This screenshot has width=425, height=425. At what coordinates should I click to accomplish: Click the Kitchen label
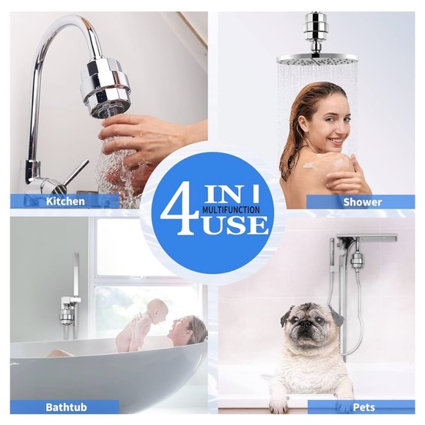[65, 202]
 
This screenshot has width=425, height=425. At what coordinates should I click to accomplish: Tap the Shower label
[363, 202]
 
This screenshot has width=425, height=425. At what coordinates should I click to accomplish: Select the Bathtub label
[67, 407]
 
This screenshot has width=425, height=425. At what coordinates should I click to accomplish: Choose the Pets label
[364, 407]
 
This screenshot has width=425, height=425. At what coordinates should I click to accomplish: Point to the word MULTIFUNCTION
[232, 210]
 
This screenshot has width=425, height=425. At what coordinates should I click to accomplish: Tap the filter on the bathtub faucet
[67, 314]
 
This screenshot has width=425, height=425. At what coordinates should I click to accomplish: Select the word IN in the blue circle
[222, 196]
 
